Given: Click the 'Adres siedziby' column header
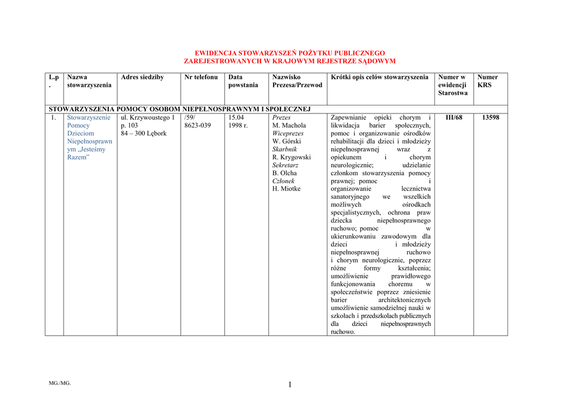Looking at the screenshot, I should pyautogui.click(x=142, y=77).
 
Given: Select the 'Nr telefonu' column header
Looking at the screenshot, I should pyautogui.click(x=201, y=77).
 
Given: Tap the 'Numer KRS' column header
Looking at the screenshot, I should pyautogui.click(x=488, y=81).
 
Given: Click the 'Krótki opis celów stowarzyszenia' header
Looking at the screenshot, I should pyautogui.click(x=379, y=77).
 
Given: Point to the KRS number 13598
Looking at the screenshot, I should pyautogui.click(x=491, y=117).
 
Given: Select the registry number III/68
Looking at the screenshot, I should pyautogui.click(x=454, y=117).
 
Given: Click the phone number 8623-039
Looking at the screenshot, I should pyautogui.click(x=198, y=125).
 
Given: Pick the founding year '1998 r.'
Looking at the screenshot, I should pyautogui.click(x=238, y=125).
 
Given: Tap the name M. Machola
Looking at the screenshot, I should pyautogui.click(x=289, y=125).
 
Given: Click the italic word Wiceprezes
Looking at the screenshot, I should pyautogui.click(x=288, y=133).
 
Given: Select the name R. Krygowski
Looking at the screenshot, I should pyautogui.click(x=292, y=157).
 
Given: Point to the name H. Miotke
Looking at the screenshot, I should pyautogui.click(x=287, y=189).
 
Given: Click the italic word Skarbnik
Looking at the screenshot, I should pyautogui.click(x=284, y=149).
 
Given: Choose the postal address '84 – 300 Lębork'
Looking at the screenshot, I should pyautogui.click(x=144, y=133).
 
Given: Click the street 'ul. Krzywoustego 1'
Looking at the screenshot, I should pyautogui.click(x=148, y=117).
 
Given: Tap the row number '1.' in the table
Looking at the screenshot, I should pyautogui.click(x=53, y=117).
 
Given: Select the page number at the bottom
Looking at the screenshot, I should pyautogui.click(x=289, y=385).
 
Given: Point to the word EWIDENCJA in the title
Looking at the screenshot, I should pyautogui.click(x=215, y=52).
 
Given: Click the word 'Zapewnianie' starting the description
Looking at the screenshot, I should pyautogui.click(x=348, y=117).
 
